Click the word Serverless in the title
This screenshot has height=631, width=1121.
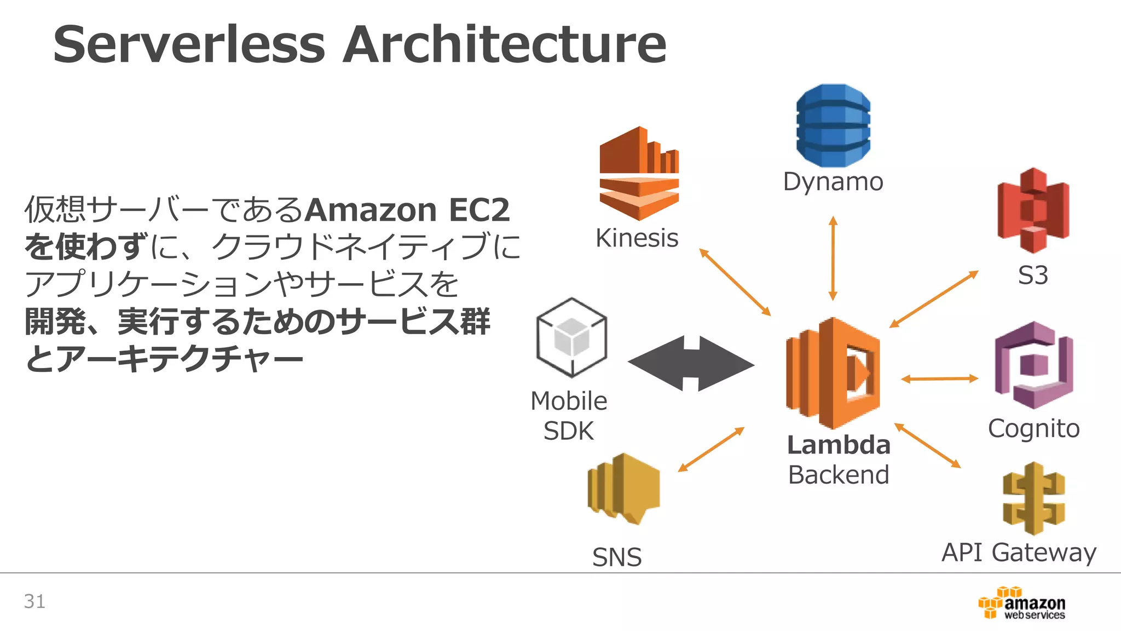point(189,45)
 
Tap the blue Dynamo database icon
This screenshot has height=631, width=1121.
point(833,125)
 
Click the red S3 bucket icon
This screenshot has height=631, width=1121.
point(1033,211)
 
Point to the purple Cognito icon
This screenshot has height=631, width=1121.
point(1033,365)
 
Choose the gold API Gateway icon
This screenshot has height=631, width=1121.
point(1033,498)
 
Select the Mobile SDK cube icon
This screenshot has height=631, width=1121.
point(571,337)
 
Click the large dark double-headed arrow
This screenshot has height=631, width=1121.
point(691,364)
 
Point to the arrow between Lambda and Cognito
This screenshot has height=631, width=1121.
point(939,378)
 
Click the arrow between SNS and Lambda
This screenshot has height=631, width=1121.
point(711,449)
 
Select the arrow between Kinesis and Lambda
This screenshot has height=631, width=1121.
point(735,282)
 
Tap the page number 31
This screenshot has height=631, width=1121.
point(34,601)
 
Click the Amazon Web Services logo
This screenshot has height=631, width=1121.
point(1021,603)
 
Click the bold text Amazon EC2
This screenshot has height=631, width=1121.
point(407,210)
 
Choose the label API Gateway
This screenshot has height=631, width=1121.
point(1019,552)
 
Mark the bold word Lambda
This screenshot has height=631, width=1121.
point(838,445)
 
